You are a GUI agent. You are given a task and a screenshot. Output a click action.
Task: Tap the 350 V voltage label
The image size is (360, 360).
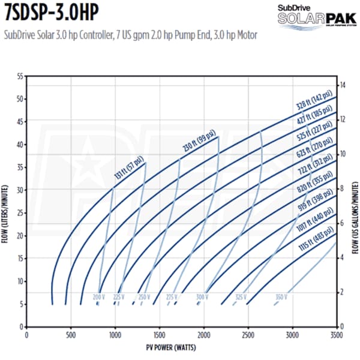[x=281, y=297]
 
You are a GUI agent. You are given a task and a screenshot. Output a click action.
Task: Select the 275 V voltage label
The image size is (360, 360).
[x=172, y=297]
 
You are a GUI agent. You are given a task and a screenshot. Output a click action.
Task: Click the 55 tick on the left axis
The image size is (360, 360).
[x=19, y=77]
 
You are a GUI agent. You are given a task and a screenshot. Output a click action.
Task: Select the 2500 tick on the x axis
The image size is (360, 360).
[x=248, y=335]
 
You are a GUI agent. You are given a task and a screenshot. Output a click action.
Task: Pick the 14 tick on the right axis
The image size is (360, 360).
[x=343, y=85]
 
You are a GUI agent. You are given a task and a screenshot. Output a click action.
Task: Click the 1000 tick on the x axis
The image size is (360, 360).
[x=115, y=335]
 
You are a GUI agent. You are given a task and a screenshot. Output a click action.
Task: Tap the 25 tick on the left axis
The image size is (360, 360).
[x=19, y=213]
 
